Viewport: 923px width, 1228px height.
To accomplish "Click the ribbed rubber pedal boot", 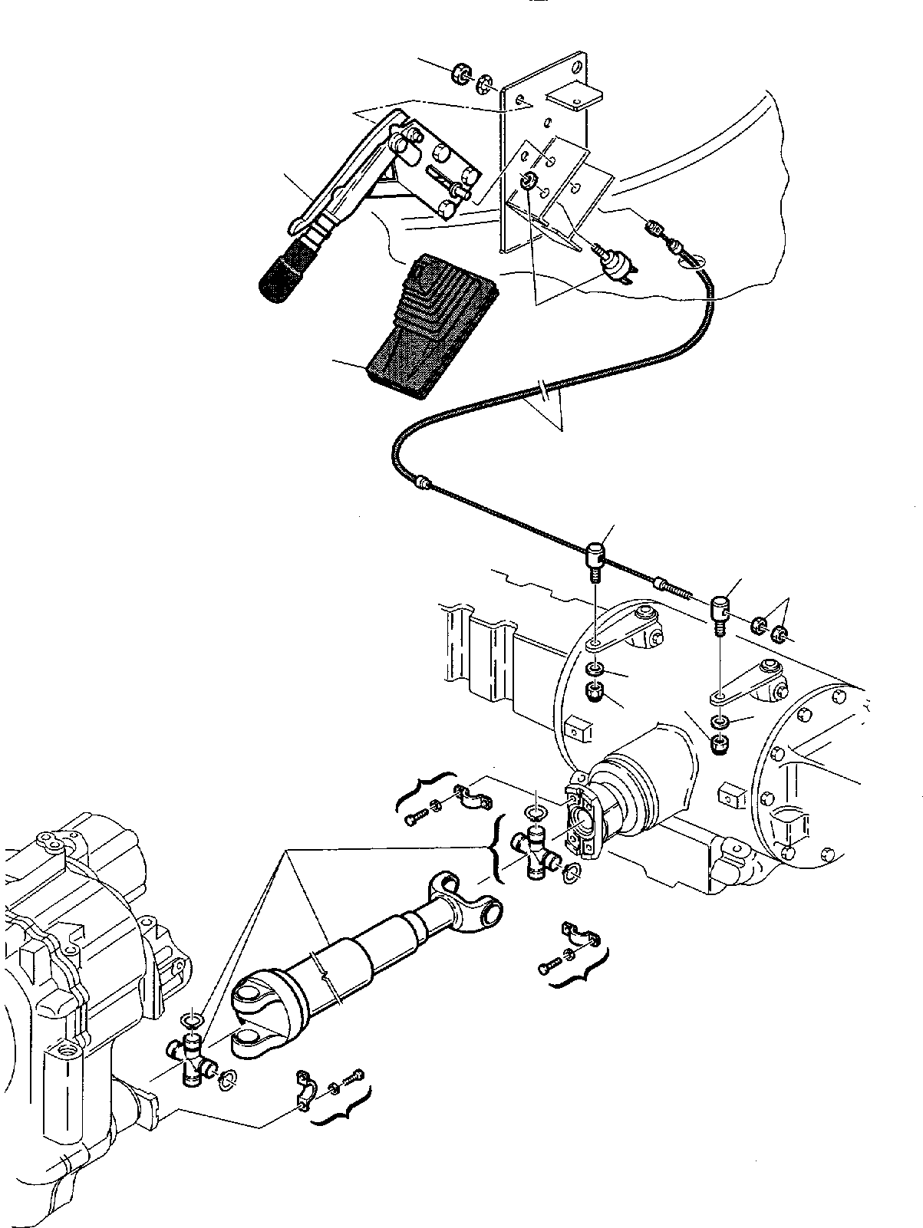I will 430,326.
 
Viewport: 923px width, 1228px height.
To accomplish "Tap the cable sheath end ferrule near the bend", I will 421,482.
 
